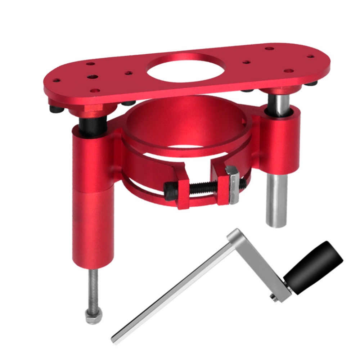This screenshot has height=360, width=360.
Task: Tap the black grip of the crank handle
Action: tap(313, 261)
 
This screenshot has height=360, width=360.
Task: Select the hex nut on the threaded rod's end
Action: tap(93, 318)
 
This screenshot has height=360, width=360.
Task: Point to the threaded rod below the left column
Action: tap(93, 288)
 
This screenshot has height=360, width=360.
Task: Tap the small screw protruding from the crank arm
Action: tap(273, 296)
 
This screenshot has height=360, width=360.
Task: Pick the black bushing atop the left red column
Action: tap(93, 126)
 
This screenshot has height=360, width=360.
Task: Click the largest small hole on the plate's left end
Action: tap(93, 77)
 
